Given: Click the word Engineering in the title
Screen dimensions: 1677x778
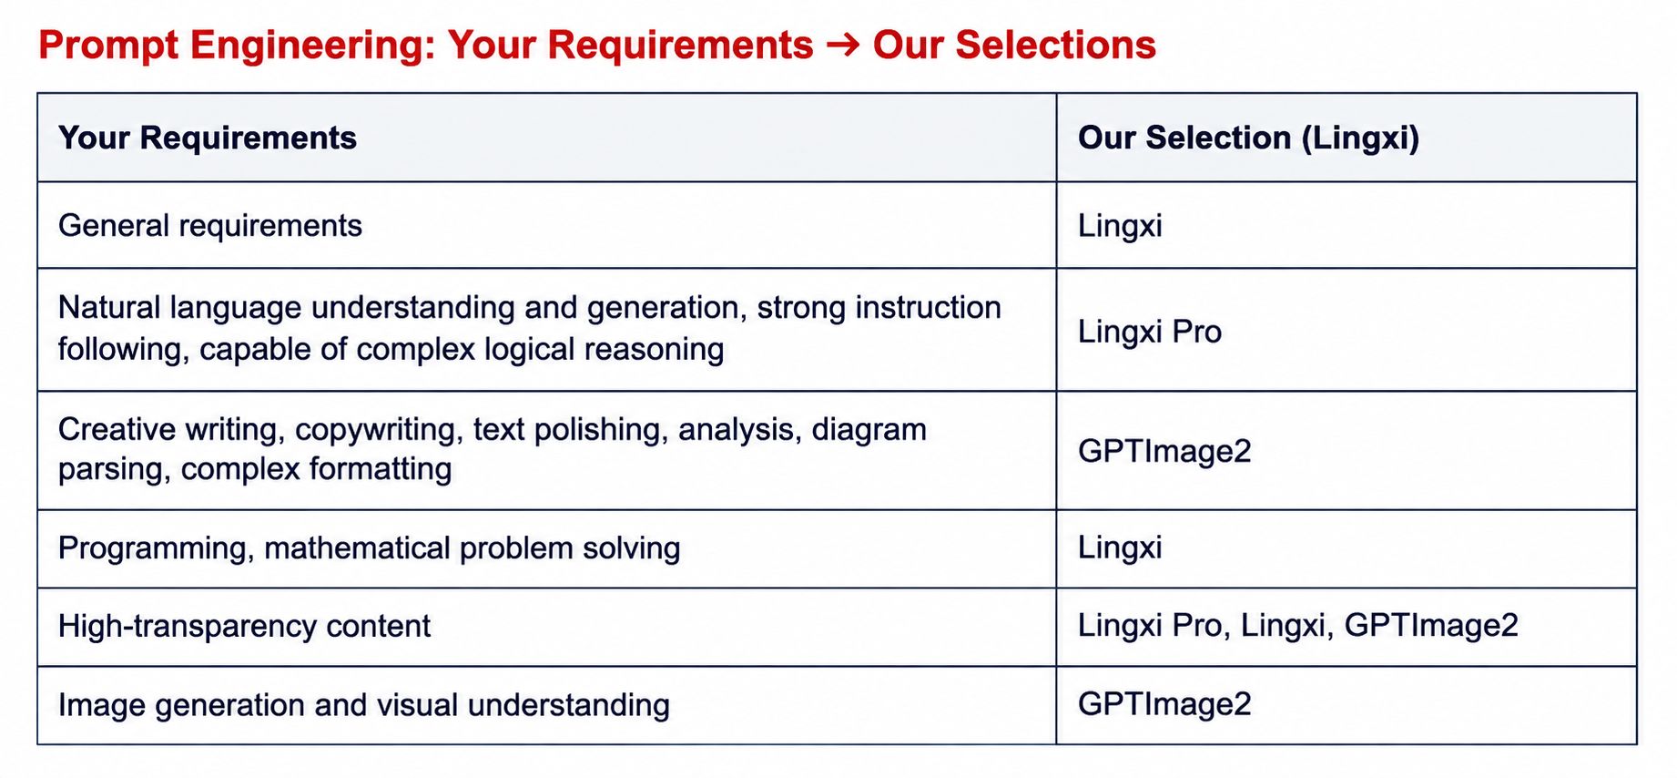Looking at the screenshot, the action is [313, 46].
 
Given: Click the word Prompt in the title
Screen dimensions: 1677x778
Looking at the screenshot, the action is [108, 46].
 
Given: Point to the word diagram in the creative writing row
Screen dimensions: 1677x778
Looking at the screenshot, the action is [869, 429].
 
